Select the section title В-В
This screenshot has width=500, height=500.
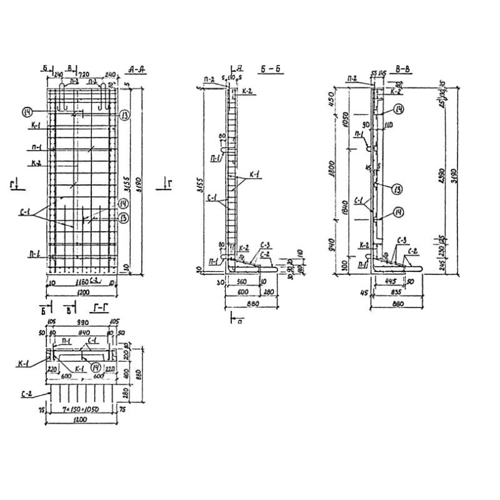[402, 70]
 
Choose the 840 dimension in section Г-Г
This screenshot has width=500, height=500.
[82, 333]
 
